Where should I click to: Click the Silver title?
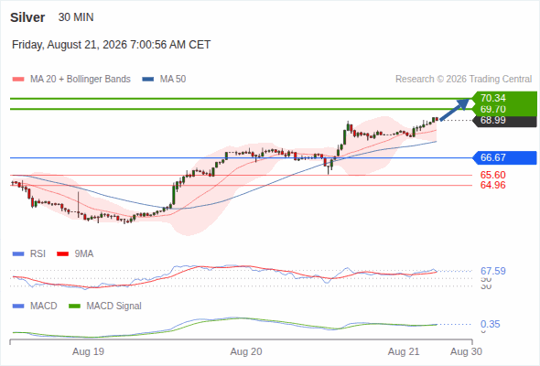(x=27, y=17)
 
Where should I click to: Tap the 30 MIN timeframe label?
(x=76, y=17)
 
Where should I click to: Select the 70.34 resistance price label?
(x=492, y=98)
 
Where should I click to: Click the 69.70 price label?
(x=492, y=109)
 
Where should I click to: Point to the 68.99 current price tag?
(x=492, y=120)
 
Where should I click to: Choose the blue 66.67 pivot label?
(x=492, y=157)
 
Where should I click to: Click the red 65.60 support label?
(x=492, y=175)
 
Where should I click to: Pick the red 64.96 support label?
(x=492, y=185)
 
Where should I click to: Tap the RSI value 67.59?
(x=492, y=271)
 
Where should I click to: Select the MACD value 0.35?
(x=490, y=324)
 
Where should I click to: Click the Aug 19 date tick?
(x=88, y=351)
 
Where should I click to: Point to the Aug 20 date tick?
(x=246, y=351)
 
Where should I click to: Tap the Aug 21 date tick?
(x=404, y=351)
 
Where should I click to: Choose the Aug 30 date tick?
(x=466, y=351)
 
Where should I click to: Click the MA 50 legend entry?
(x=164, y=80)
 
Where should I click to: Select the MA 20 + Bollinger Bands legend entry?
(x=71, y=80)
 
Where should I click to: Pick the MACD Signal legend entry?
(x=105, y=306)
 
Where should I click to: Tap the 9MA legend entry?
(x=75, y=253)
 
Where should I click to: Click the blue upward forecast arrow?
(x=455, y=110)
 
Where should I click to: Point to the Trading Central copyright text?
(x=463, y=80)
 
